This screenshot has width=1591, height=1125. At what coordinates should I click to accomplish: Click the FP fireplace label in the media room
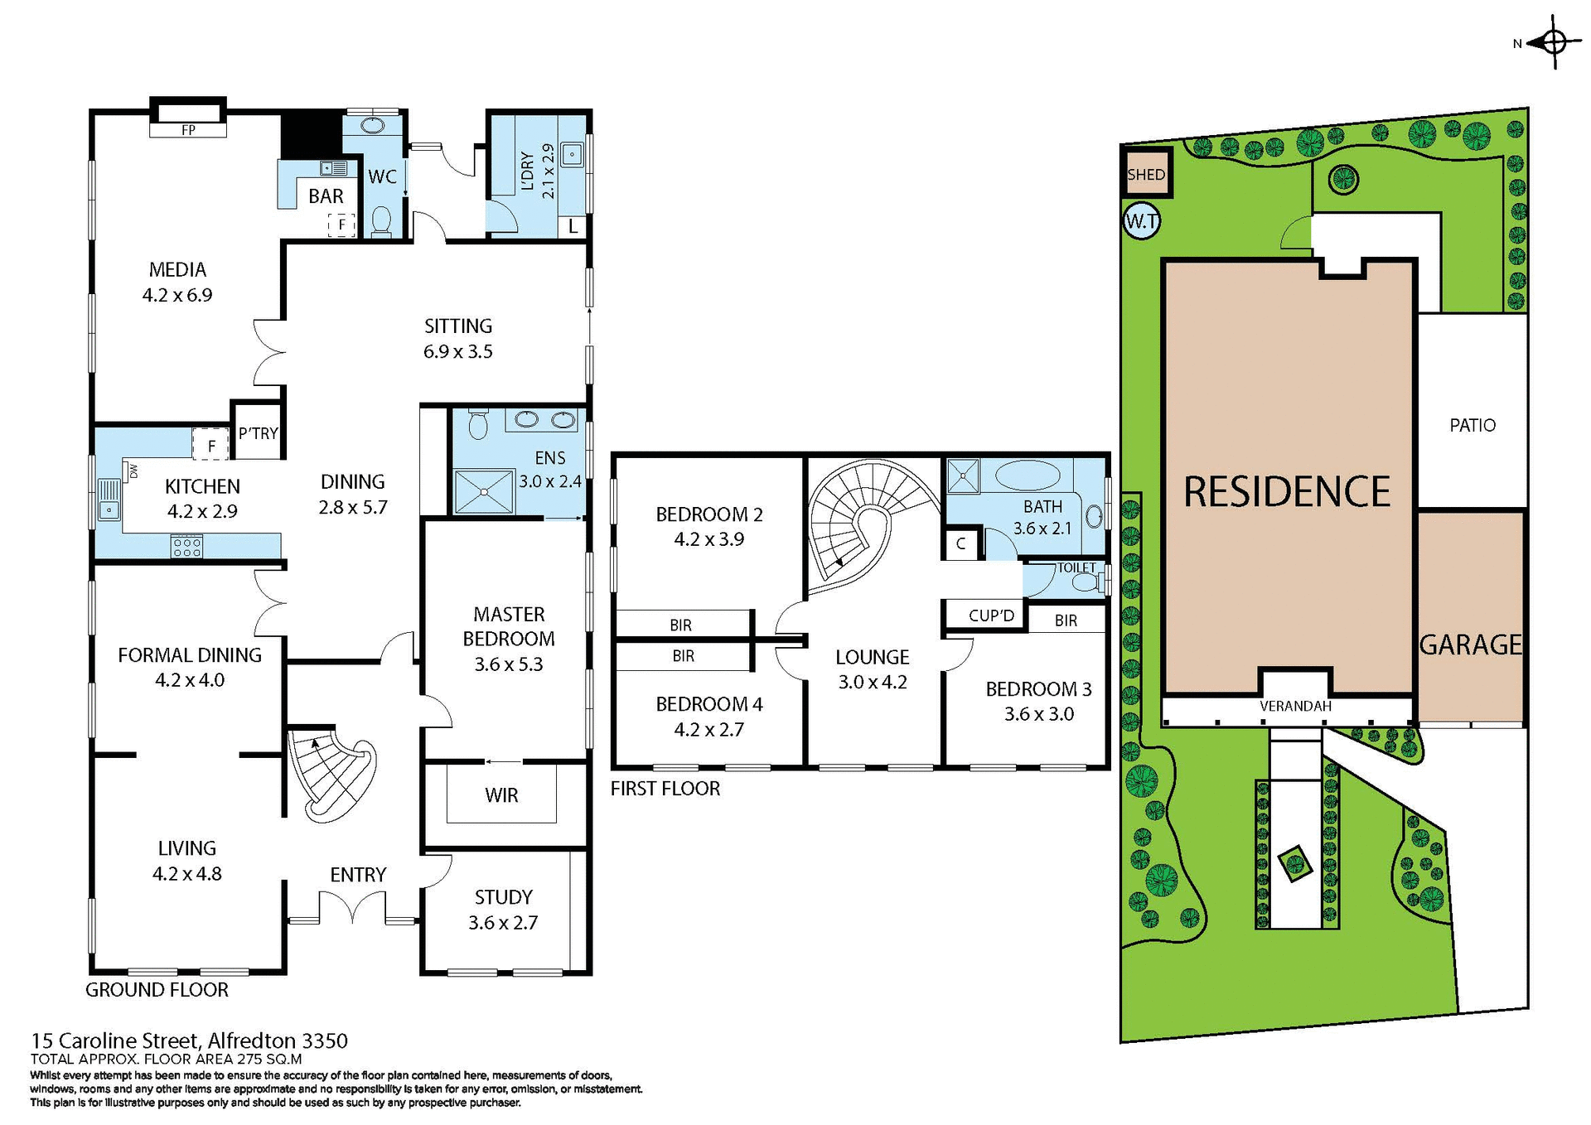[x=188, y=130]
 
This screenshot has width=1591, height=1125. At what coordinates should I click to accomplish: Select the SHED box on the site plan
[x=1146, y=174]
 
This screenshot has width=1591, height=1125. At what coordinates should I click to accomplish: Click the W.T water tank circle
[x=1141, y=221]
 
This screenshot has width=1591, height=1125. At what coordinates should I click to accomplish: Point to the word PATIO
[x=1472, y=425]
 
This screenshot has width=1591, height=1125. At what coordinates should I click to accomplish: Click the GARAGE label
[x=1470, y=645]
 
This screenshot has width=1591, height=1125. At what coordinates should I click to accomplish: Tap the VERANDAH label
[x=1294, y=706]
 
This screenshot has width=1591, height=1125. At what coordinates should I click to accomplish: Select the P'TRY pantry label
[x=258, y=433]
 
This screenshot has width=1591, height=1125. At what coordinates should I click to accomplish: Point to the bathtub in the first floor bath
[x=1027, y=476]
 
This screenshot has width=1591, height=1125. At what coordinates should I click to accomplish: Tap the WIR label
[x=501, y=795]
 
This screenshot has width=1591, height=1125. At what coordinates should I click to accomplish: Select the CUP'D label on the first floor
[x=991, y=616]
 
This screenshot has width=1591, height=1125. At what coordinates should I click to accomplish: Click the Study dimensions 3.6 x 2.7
[x=503, y=923]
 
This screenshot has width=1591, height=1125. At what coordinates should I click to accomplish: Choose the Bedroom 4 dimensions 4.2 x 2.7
[x=708, y=730]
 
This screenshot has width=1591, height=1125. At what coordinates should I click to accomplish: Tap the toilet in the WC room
[x=381, y=220]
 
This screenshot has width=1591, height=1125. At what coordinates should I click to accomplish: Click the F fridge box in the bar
[x=341, y=225]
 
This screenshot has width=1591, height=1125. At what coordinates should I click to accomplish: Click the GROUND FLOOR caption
[x=157, y=989]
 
